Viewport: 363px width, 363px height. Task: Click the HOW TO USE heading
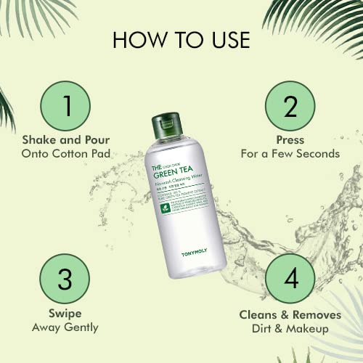click(x=181, y=40)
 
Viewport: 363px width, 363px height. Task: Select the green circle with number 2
click(x=290, y=107)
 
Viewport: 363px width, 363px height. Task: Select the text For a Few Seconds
click(x=290, y=153)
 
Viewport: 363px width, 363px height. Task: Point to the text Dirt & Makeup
click(x=290, y=327)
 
